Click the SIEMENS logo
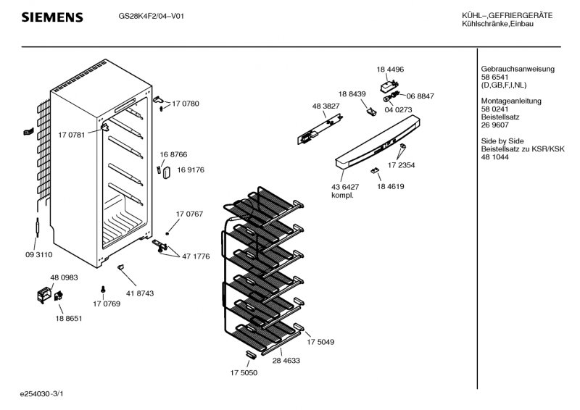coord(51,17)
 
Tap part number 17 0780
coord(186,104)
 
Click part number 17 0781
coord(71,134)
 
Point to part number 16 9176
coord(193,170)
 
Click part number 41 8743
coord(140,293)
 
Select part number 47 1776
coord(196,256)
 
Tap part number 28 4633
coord(286,360)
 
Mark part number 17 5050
coord(244,372)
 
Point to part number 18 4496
coord(390,70)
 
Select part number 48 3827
coord(326,106)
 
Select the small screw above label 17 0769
coord(103,289)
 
